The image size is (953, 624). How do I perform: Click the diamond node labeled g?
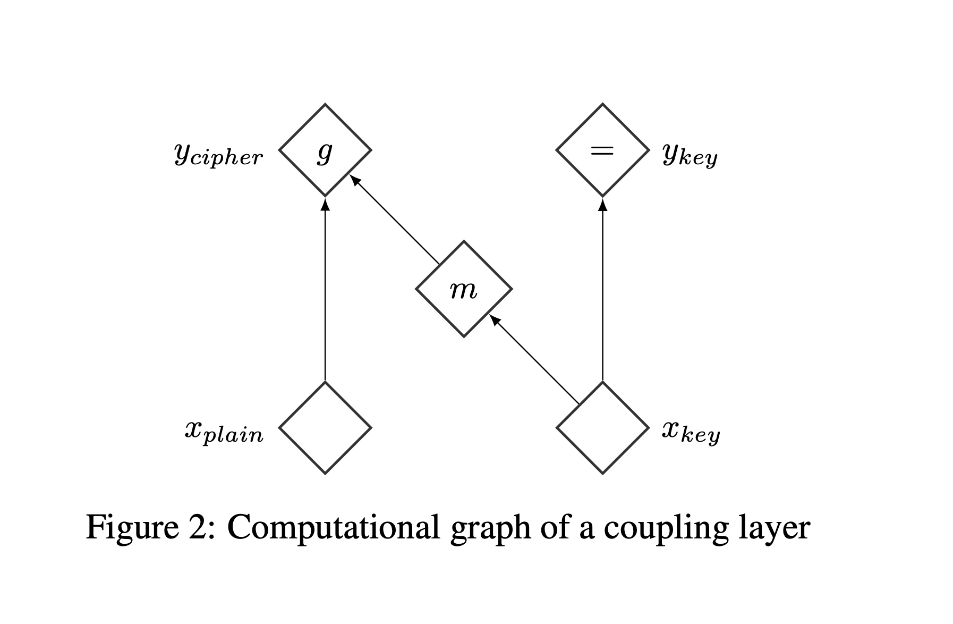pos(325,150)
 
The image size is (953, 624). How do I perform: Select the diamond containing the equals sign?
pos(602,150)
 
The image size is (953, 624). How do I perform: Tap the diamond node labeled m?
pos(464,289)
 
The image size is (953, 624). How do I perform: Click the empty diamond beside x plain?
pos(325,428)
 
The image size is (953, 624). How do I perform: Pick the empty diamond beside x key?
pos(602,428)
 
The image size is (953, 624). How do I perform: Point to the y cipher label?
pos(218,155)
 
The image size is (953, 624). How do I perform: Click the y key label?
pos(690,155)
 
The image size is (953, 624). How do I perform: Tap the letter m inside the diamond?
pos(463,290)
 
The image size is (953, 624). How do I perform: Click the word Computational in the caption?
pos(334,528)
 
